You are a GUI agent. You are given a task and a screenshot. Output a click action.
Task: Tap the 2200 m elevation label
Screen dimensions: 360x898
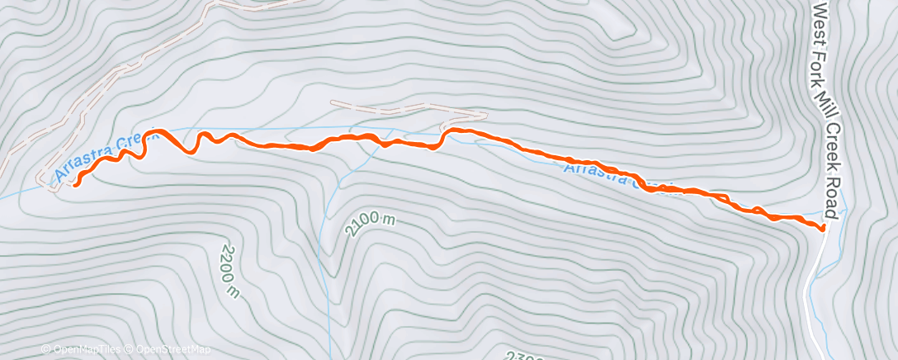click(229, 270)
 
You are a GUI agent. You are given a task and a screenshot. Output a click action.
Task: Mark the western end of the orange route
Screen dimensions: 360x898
click(76, 185)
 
